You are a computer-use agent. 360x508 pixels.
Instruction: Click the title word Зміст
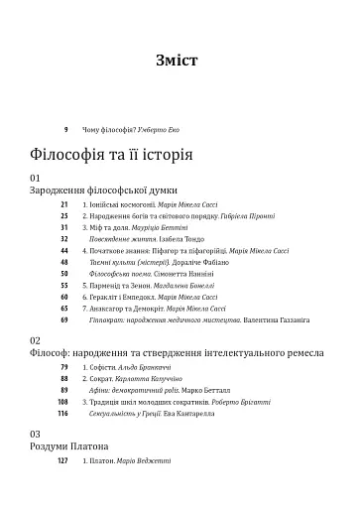[x=179, y=61]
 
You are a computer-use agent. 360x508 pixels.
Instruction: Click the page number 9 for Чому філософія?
[x=65, y=130]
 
